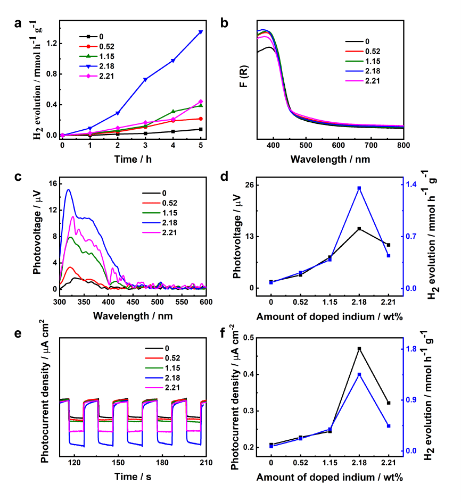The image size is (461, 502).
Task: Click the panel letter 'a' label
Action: coord(18,23)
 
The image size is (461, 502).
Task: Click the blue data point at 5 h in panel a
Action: coord(201,32)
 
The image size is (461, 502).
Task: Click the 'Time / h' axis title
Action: coord(131,159)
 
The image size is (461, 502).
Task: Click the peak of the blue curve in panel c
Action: coord(68,190)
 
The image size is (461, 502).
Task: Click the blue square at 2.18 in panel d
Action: coord(359,188)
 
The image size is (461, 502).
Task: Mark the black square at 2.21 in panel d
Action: coord(389,245)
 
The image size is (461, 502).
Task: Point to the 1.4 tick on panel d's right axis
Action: coord(413,185)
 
